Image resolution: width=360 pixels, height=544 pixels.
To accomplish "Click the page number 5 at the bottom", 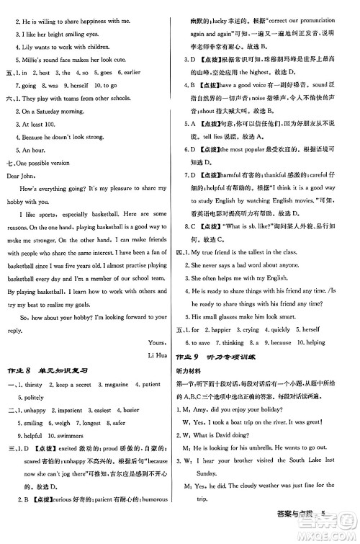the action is [344, 534].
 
